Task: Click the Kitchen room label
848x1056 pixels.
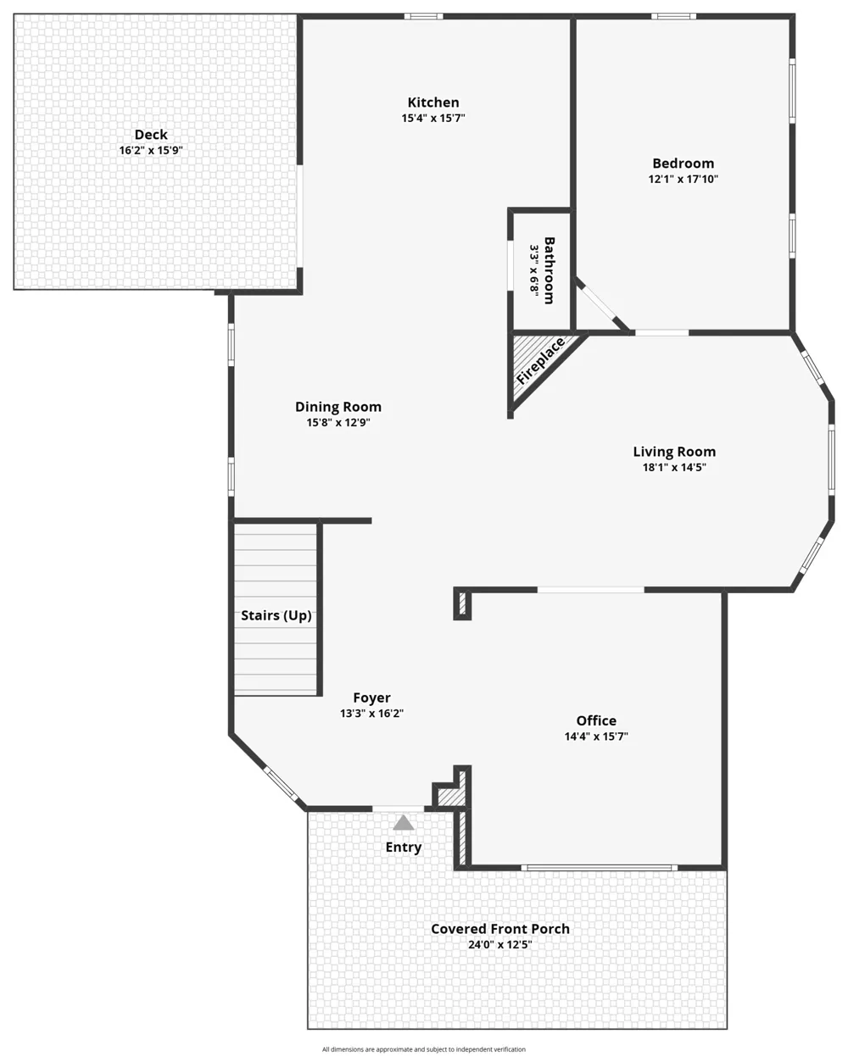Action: click(x=433, y=102)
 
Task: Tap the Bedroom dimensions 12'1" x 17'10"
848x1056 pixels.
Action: click(x=683, y=179)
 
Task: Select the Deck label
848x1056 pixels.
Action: click(x=151, y=135)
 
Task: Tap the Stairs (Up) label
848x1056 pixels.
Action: click(x=276, y=615)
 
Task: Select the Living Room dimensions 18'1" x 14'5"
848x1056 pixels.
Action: click(x=674, y=467)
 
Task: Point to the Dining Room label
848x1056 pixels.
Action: click(x=338, y=407)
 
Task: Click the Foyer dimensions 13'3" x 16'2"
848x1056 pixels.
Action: click(x=371, y=714)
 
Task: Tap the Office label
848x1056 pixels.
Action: click(x=596, y=720)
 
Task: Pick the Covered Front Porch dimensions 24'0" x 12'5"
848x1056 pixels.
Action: click(x=499, y=945)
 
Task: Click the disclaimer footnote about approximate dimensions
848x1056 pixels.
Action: click(x=424, y=1049)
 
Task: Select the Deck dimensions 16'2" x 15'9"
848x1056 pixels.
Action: click(x=151, y=150)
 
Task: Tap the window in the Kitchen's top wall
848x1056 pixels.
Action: click(x=423, y=16)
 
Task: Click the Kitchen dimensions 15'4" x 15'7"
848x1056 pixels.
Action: click(x=433, y=118)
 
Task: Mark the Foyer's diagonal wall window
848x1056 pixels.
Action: click(x=281, y=784)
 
